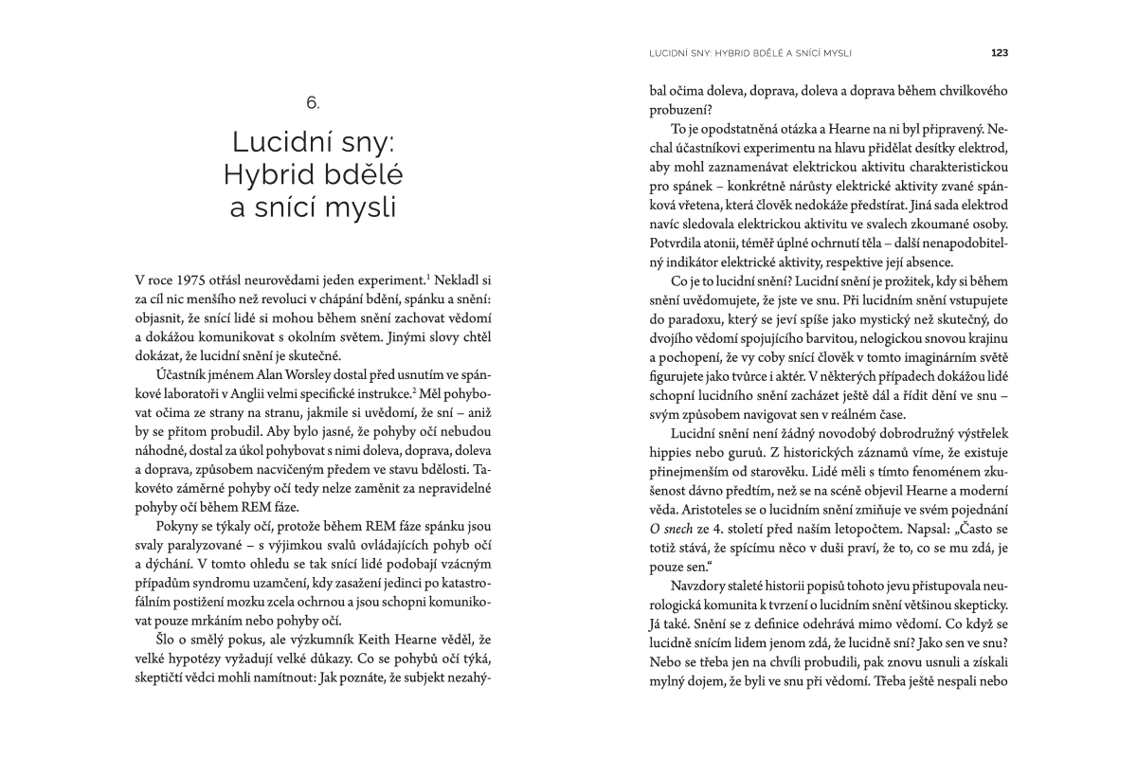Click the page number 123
tap(999, 52)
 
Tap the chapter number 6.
tap(314, 100)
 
